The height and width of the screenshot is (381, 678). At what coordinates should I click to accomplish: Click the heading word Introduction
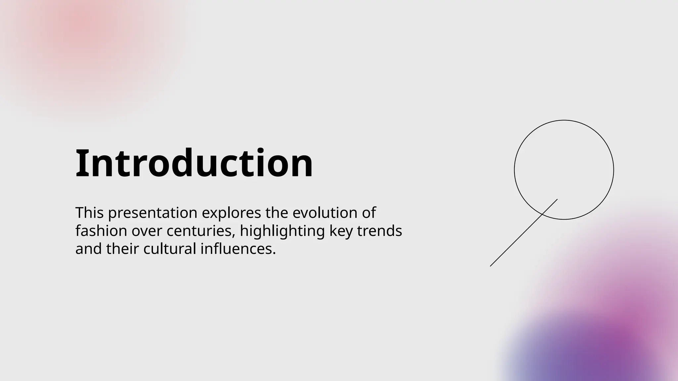click(194, 163)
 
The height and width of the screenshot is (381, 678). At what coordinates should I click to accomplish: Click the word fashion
click(101, 231)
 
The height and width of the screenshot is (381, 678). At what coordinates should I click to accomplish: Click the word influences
click(238, 249)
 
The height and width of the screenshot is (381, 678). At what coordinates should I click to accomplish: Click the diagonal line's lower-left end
click(490, 266)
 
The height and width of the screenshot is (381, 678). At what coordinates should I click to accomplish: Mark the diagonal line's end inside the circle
click(557, 199)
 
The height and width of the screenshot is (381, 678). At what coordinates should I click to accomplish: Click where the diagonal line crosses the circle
click(542, 215)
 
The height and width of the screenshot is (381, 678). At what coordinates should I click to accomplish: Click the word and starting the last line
click(89, 249)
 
